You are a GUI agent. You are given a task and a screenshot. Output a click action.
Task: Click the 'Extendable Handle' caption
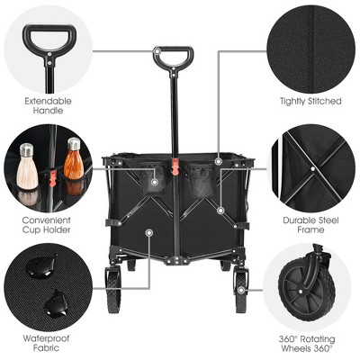pyautogui.click(x=49, y=106)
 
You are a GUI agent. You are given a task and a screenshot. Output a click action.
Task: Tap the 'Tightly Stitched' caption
pyautogui.click(x=310, y=102)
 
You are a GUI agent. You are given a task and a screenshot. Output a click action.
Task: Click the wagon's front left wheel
pyautogui.click(x=113, y=290)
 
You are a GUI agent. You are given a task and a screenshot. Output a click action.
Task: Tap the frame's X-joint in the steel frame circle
pyautogui.click(x=311, y=167)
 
